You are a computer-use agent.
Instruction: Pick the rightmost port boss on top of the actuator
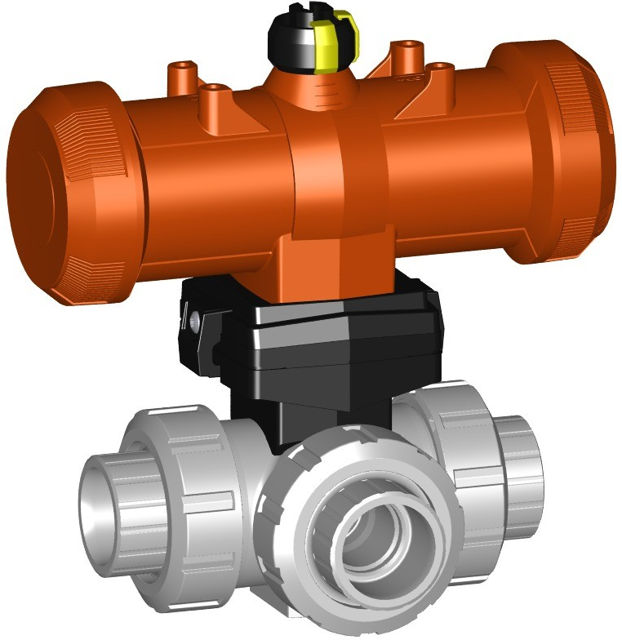click(441, 73)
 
